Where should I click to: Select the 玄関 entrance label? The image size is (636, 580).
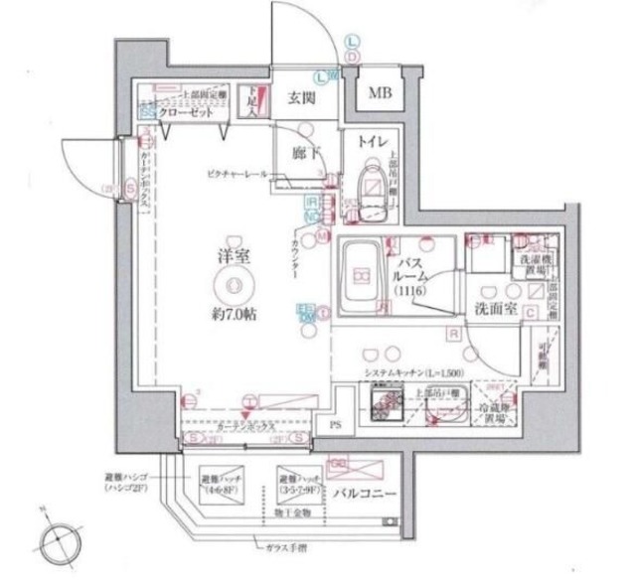pos(301,99)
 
